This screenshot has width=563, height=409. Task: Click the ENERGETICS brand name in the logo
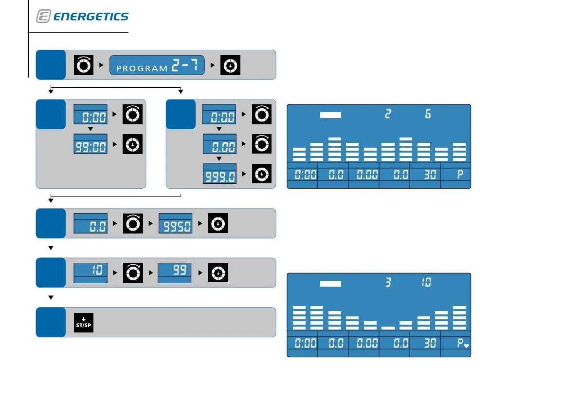[x=91, y=17]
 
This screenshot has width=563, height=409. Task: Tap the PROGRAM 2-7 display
[x=156, y=65]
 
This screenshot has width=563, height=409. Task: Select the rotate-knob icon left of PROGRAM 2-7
[x=83, y=65]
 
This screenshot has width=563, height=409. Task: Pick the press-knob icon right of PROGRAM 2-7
[x=230, y=65]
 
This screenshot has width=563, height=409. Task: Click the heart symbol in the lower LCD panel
[x=466, y=346]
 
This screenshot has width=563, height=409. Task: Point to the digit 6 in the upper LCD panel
[x=428, y=115]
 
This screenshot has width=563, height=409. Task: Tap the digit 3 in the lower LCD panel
[x=388, y=283]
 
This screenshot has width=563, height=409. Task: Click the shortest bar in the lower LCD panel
[x=388, y=328]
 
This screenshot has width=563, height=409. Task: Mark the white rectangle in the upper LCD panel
[x=331, y=115]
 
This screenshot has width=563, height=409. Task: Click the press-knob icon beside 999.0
[x=262, y=174]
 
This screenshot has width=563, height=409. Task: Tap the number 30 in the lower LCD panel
[x=430, y=343]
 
